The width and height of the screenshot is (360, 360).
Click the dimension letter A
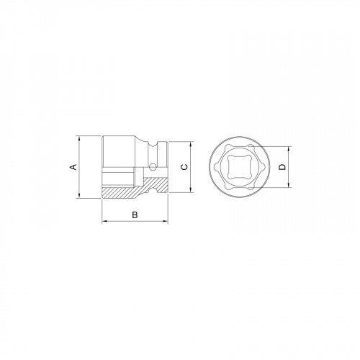(72, 167)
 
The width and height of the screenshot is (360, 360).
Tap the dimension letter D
(283, 167)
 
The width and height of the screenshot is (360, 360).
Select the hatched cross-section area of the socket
(126, 193)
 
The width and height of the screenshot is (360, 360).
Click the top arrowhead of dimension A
(81, 138)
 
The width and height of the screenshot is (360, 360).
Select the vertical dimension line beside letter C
(192, 176)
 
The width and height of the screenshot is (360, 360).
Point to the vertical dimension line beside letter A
(81, 180)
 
